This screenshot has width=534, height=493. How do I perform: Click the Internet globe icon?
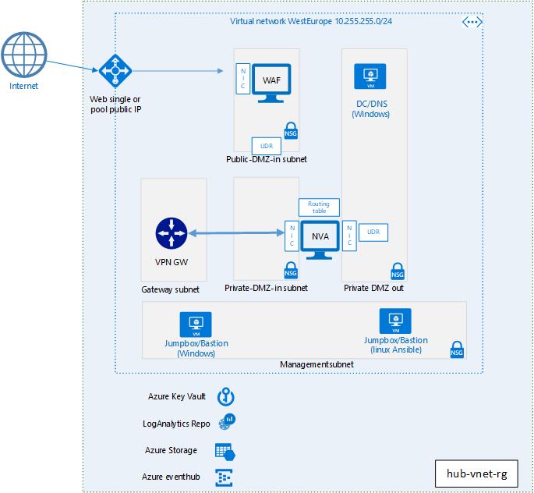24,55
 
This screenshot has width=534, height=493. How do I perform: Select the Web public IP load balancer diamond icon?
115,71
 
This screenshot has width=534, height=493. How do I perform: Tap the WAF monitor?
271,83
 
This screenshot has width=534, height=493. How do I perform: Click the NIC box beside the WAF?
243,79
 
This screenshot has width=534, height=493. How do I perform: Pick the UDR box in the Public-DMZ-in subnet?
267,146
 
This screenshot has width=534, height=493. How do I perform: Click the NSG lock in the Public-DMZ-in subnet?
291,130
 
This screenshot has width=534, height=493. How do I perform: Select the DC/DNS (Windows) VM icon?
370,76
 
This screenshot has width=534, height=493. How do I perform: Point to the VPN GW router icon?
172,233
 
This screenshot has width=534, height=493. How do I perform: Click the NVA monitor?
320,239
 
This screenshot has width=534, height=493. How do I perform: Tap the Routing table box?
319,207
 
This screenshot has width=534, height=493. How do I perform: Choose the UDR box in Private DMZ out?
373,232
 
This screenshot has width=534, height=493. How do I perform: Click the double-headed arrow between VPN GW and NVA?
236,233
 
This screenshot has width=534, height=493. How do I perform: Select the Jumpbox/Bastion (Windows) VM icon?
196,325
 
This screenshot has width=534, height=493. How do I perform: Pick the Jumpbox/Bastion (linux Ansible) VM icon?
395,321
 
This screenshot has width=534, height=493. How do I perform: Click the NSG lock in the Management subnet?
457,350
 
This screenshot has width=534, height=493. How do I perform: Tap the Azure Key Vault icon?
226,396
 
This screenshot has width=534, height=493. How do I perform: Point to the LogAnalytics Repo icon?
227,421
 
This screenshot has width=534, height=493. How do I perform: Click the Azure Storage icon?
225,452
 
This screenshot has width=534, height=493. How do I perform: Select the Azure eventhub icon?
224,477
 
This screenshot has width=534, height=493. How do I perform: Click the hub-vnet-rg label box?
476,473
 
